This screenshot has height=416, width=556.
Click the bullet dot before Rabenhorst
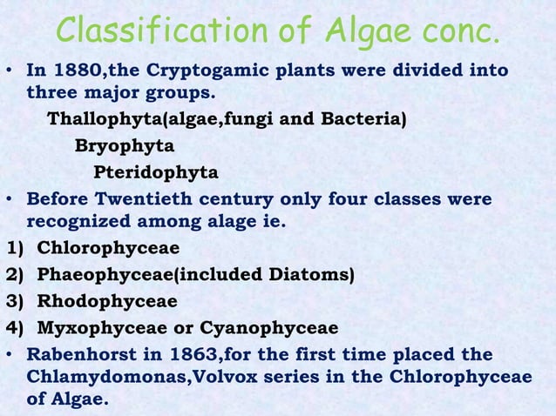coord(10,355)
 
